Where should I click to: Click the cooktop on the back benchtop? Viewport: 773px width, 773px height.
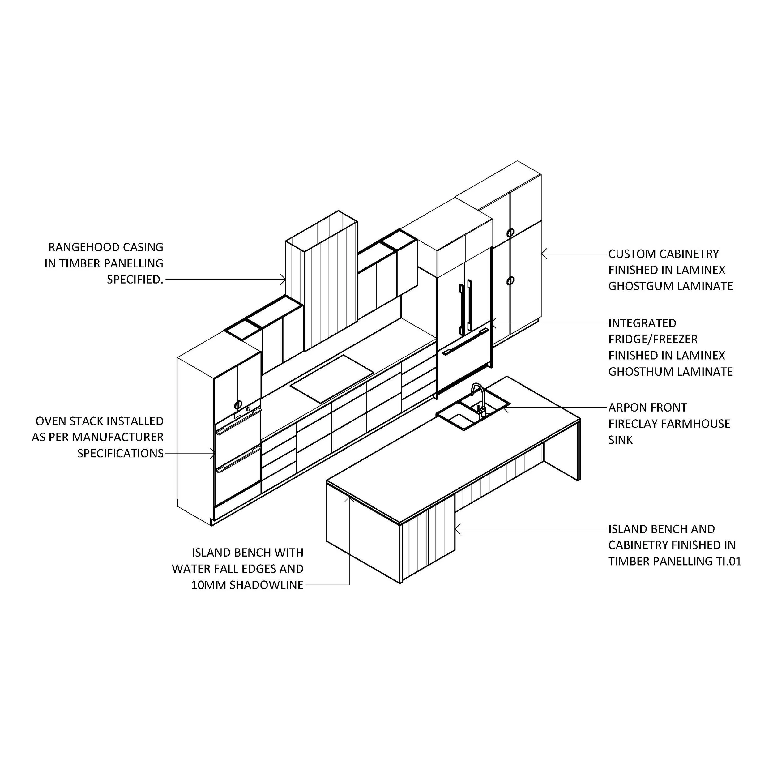[x=332, y=378]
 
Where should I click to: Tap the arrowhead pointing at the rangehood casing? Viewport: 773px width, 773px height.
[x=284, y=279]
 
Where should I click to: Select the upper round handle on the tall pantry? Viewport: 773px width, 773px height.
[x=510, y=233]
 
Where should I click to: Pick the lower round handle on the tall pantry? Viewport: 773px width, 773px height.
[x=510, y=281]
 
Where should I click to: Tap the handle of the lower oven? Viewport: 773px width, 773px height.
[x=238, y=463]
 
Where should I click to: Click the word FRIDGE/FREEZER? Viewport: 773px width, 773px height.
[x=653, y=339]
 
